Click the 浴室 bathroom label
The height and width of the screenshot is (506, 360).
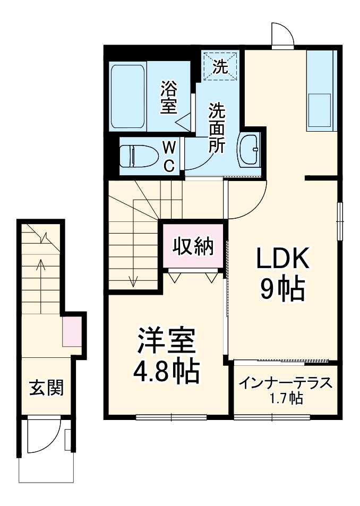click(x=169, y=96)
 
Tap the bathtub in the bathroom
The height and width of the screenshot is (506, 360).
click(x=128, y=96)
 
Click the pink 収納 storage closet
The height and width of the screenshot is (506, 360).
click(x=193, y=246)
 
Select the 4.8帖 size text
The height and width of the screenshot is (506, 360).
click(x=166, y=372)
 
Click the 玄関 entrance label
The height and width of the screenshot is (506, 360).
click(x=46, y=388)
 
